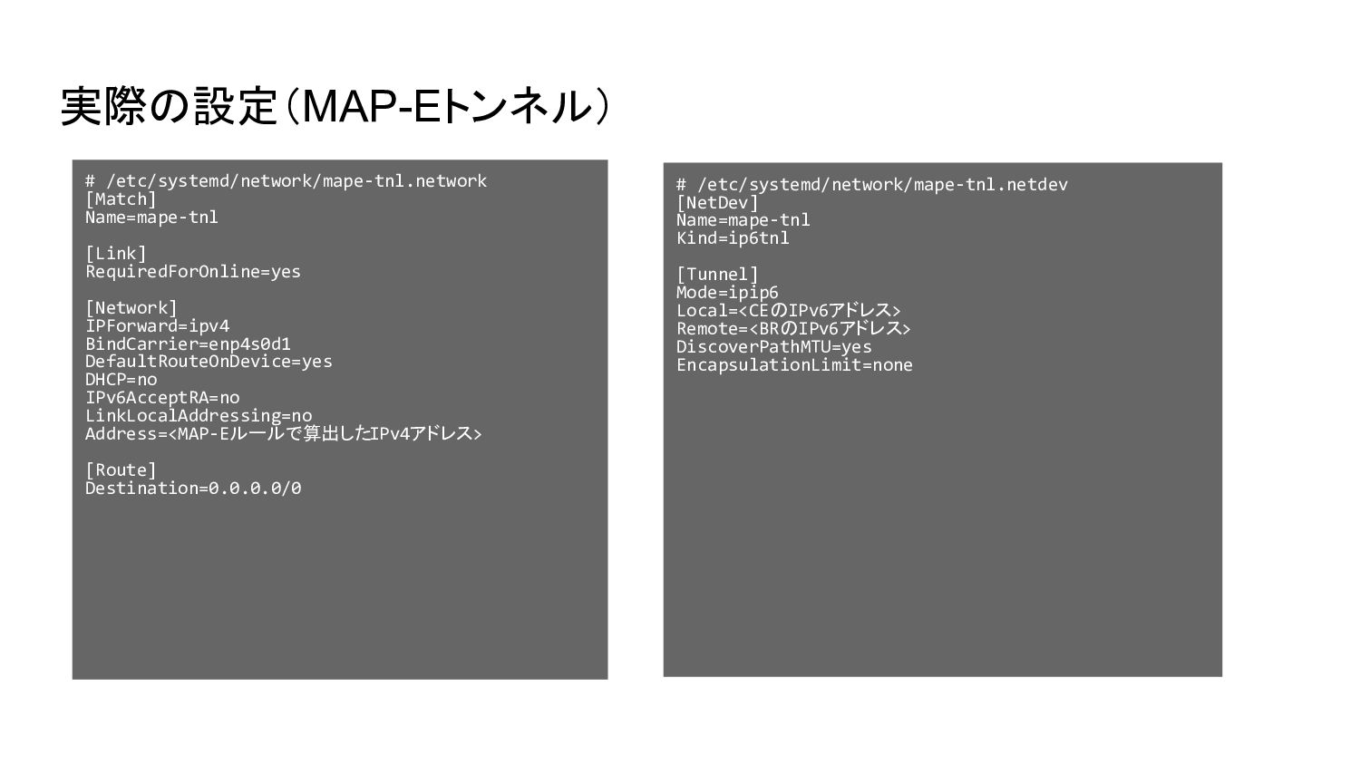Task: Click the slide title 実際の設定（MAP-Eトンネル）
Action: [335, 106]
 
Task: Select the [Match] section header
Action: [121, 199]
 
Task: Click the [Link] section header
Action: [115, 254]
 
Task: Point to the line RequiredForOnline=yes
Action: [192, 272]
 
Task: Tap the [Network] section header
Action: [131, 308]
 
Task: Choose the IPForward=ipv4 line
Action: [157, 326]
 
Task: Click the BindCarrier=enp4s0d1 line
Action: [188, 344]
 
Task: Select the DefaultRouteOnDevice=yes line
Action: [209, 362]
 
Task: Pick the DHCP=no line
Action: [121, 380]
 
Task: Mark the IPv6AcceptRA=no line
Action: [162, 398]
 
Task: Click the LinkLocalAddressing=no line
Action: [198, 416]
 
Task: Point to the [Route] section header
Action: [121, 470]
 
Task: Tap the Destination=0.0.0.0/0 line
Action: [192, 489]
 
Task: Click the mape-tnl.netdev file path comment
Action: [871, 185]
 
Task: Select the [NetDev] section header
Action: [716, 203]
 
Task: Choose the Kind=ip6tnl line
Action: [733, 238]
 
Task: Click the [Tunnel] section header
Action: [716, 275]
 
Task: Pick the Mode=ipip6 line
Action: [727, 293]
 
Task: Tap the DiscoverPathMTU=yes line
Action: [773, 347]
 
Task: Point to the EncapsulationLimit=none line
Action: [794, 365]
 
